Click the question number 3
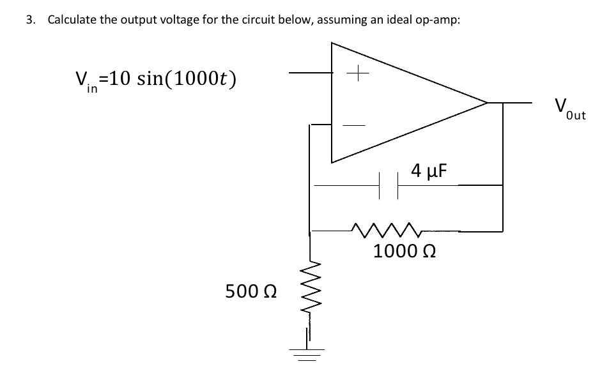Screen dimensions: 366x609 29,19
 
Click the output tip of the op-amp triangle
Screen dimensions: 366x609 487,102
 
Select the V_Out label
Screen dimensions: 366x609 569,108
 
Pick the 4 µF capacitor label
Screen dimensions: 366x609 428,171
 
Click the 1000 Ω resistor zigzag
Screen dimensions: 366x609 380,228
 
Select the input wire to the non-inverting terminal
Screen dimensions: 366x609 310,73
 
